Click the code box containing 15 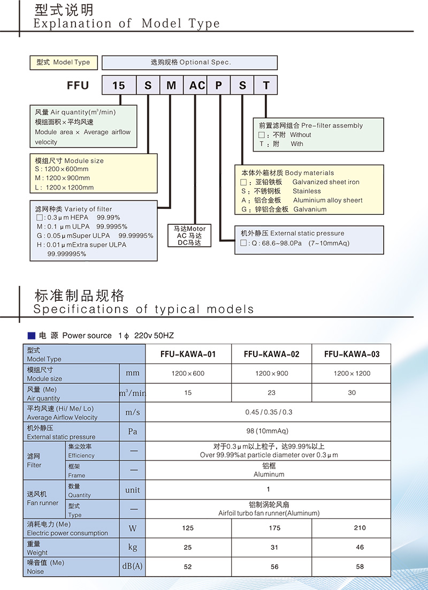tap(119, 86)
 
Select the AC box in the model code tap(197, 86)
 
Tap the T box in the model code tap(266, 86)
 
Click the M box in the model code tap(172, 86)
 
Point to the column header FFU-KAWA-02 tap(272, 354)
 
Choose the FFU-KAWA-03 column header tap(352, 354)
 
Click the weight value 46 tap(360, 547)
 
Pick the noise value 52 tap(188, 566)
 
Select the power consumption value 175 tap(274, 528)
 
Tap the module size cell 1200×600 tap(188, 373)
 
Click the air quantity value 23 tap(272, 393)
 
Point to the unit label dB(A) tap(132, 566)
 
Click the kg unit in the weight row tap(132, 547)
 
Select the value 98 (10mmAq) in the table tap(268, 431)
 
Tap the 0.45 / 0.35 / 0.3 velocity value tap(269, 412)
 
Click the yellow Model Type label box tap(64, 63)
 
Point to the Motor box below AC tap(189, 236)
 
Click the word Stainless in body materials tap(307, 191)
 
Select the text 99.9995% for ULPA tap(112, 226)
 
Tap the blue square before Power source tap(32, 336)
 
